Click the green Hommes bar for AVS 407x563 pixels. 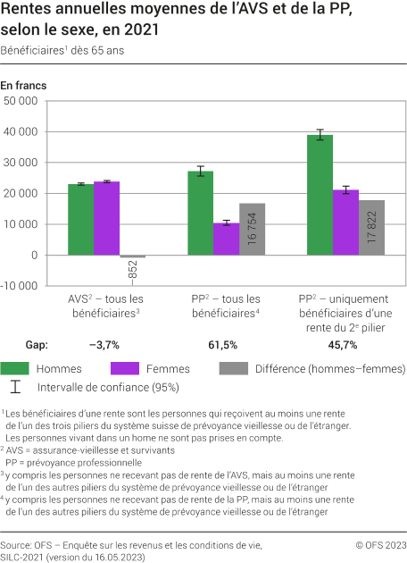tap(80, 220)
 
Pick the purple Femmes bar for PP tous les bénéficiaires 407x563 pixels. tap(226, 239)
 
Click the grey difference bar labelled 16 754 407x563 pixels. tap(252, 229)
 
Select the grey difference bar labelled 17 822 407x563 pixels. tap(371, 228)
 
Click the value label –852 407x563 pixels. tap(132, 271)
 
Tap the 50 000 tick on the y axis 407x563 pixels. tap(21, 101)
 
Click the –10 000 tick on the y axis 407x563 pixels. tap(19, 286)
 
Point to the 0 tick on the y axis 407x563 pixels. tap(33, 256)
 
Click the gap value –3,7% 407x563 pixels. tap(105, 345)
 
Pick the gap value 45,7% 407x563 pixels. tap(344, 345)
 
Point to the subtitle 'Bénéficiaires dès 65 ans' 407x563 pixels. tap(62, 51)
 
